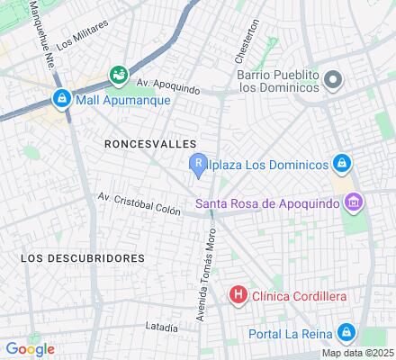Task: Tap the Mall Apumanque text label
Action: (112, 99)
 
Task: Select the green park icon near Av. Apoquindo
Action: (117, 74)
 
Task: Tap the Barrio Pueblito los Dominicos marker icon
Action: (333, 79)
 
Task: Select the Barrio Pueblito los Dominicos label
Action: (278, 80)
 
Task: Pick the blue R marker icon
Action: (198, 163)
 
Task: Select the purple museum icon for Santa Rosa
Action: (355, 202)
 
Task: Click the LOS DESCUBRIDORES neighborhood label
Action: (82, 257)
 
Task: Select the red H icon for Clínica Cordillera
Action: (238, 294)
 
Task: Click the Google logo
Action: (30, 349)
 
